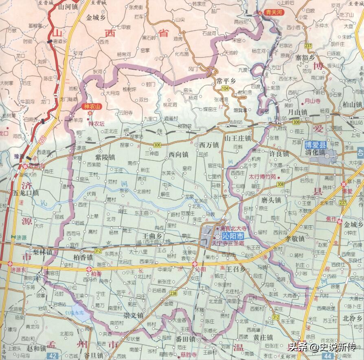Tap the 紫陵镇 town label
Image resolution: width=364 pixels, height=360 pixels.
pyautogui.click(x=105, y=157)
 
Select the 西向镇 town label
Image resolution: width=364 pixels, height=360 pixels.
pyautogui.click(x=178, y=155)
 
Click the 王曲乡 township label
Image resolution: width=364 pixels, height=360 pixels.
pyautogui.click(x=151, y=236)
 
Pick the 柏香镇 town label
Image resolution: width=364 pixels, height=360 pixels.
pyautogui.click(x=83, y=258)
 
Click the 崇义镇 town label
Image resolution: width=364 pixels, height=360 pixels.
pyautogui.click(x=134, y=316)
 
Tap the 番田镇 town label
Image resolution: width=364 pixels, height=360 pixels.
pyautogui.click(x=185, y=339)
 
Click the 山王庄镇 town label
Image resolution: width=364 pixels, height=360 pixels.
pyautogui.click(x=239, y=138)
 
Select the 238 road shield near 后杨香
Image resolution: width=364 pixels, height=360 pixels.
pyautogui.click(x=173, y=293)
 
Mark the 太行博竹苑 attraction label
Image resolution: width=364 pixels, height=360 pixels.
pyautogui.click(x=262, y=177)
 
